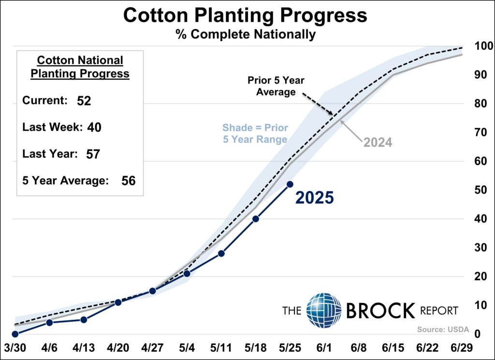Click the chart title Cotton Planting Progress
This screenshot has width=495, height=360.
coord(245,15)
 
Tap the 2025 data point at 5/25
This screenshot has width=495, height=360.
coord(290,184)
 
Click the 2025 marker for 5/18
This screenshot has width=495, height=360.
coord(256,219)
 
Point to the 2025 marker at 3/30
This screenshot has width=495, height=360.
coord(15,334)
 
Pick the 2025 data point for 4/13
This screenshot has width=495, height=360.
coord(84,319)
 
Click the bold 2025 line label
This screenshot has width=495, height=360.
coord(314,197)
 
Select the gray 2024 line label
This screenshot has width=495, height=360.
coord(378,142)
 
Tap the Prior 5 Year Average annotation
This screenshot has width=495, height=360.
coord(276,86)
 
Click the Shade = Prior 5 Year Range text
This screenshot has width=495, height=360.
coord(255,134)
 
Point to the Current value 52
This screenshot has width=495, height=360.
coord(84,101)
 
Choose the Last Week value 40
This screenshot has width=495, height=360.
coord(94,127)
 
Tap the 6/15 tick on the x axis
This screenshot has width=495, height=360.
coord(394,348)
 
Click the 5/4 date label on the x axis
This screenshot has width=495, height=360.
coord(187,348)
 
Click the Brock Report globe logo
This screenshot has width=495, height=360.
coord(324,310)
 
